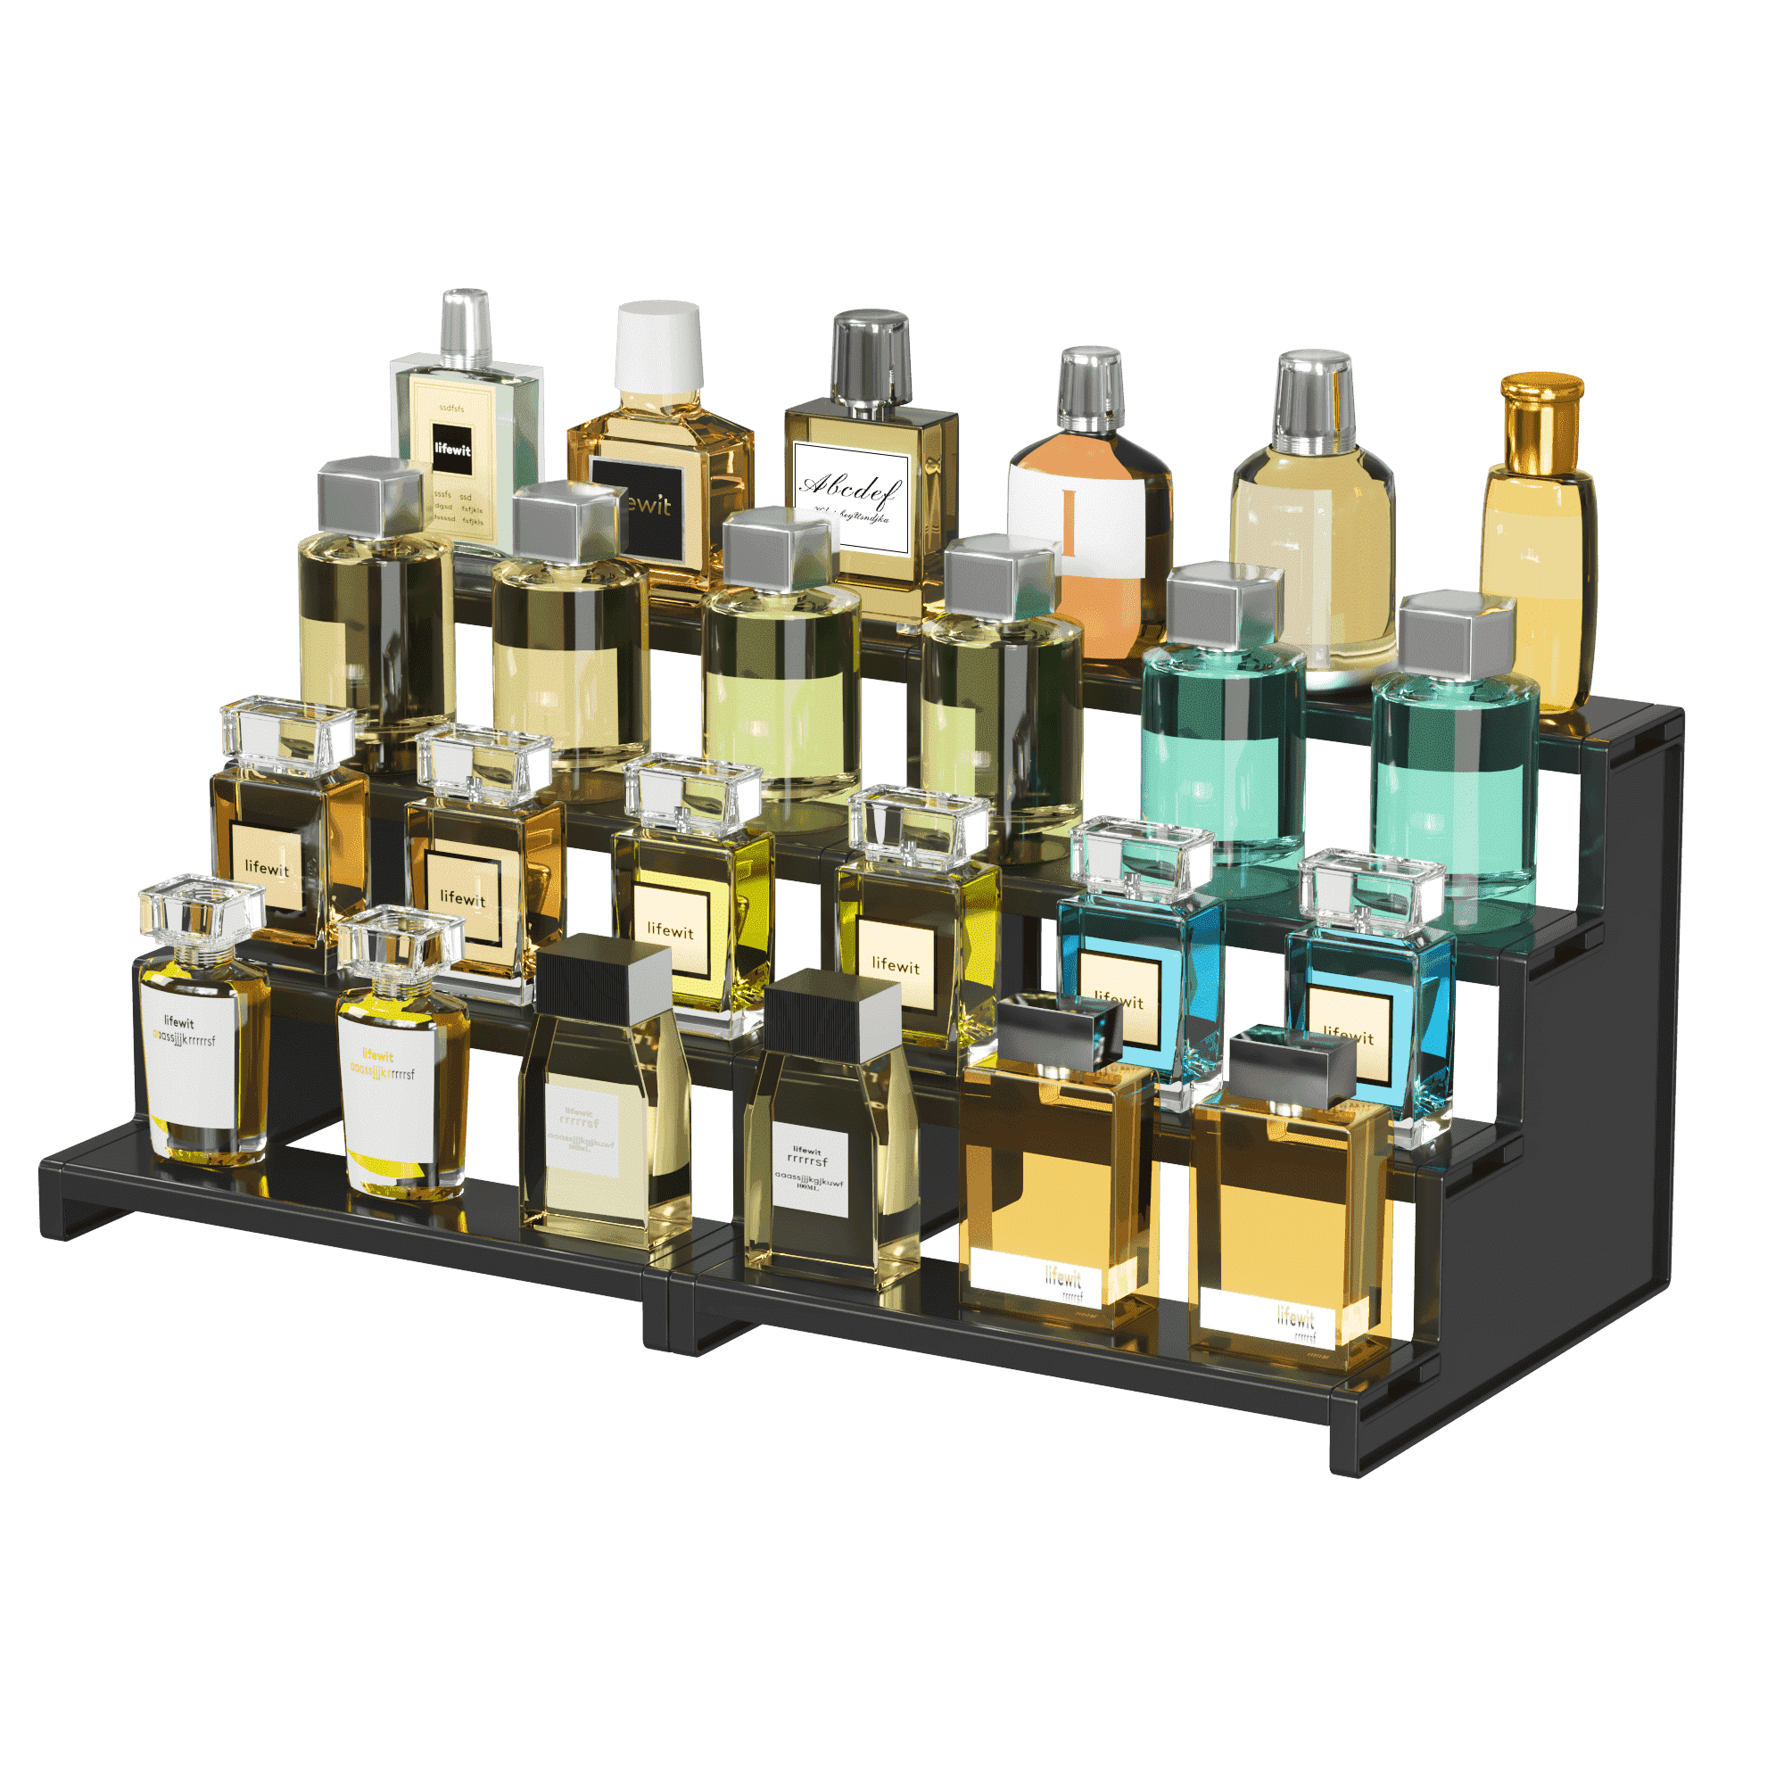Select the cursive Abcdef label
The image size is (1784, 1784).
point(849,495)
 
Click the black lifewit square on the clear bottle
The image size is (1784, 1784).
point(452,450)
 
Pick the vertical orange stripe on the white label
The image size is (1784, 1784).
point(1070,522)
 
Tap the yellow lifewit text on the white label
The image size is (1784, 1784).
point(377,1055)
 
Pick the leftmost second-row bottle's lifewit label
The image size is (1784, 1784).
point(267,868)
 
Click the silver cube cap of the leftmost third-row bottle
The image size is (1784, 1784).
point(369,499)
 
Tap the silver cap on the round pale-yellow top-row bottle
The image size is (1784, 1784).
point(1314,397)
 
